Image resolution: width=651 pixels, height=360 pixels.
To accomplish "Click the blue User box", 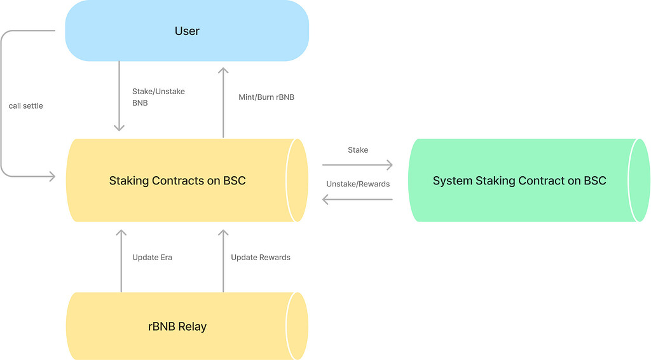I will [187, 31].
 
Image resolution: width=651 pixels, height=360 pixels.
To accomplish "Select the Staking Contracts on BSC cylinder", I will [178, 181].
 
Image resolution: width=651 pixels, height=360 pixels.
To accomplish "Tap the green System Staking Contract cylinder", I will [519, 181].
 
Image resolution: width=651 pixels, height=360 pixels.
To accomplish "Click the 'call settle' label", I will [26, 106].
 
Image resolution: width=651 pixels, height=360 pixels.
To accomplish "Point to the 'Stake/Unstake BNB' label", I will [158, 97].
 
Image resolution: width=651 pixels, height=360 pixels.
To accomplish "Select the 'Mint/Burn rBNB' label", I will [266, 97].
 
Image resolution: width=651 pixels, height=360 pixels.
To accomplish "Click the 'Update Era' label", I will [152, 258].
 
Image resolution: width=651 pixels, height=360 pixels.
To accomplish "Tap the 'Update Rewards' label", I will [261, 258].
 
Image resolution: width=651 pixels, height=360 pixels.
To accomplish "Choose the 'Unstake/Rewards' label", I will [358, 184].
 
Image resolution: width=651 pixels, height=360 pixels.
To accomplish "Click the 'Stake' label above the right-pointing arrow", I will [358, 150].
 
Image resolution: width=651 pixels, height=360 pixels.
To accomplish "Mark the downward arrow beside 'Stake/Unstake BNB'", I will [119, 96].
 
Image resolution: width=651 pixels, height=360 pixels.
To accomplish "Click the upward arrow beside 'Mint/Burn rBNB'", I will [223, 102].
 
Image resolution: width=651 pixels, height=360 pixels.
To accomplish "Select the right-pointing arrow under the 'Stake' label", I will [357, 165].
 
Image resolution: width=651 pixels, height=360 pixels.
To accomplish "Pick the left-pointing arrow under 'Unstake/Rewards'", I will [357, 200].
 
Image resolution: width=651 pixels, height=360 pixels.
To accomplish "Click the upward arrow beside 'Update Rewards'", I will [223, 261].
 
